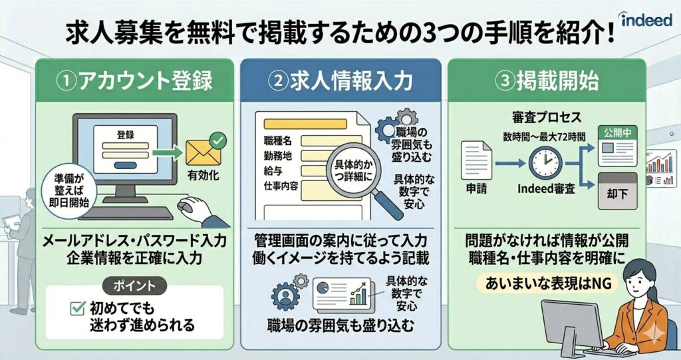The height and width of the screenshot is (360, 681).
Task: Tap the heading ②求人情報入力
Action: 340,81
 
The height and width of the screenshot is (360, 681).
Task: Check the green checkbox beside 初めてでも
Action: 77,308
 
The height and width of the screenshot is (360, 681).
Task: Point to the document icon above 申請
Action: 477,160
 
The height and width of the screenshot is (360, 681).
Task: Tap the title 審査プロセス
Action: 543,117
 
